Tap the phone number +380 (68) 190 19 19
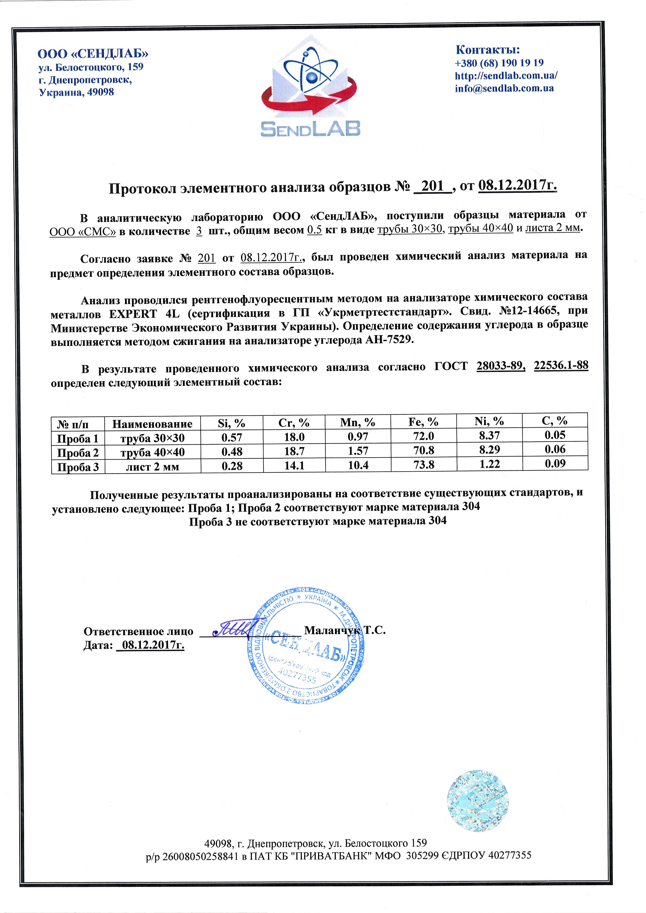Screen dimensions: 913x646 point(499,63)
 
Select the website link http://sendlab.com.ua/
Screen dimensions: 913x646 point(506,75)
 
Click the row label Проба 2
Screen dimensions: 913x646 point(78,453)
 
